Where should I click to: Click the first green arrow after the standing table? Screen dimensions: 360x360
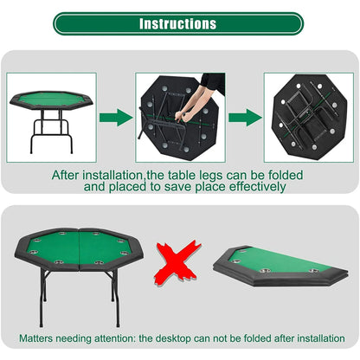112,119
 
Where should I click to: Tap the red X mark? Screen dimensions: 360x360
173,264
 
